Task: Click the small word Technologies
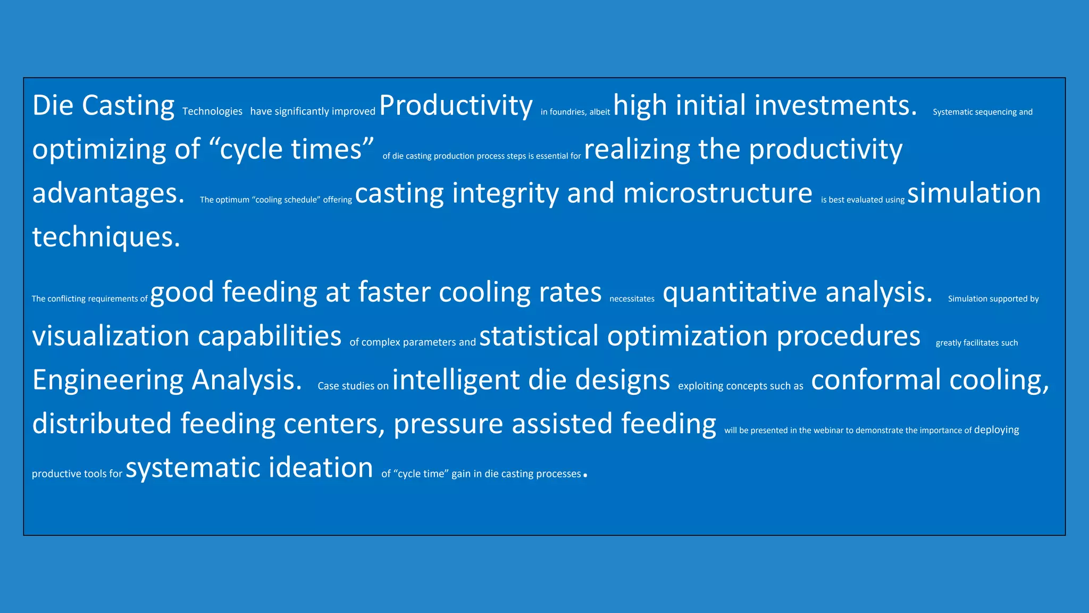pyautogui.click(x=212, y=111)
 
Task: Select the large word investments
pyautogui.click(x=835, y=105)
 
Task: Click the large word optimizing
pyautogui.click(x=99, y=150)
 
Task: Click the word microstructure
pyautogui.click(x=717, y=193)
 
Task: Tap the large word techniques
pyautogui.click(x=106, y=237)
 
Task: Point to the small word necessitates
pyautogui.click(x=632, y=299)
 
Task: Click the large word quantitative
pyautogui.click(x=739, y=293)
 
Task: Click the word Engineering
pyautogui.click(x=108, y=380)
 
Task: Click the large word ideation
pyautogui.click(x=321, y=468)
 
